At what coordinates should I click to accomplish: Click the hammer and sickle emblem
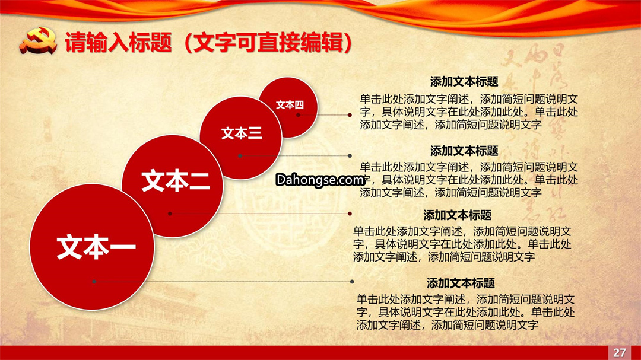tap(38, 40)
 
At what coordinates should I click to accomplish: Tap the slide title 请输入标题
tap(119, 42)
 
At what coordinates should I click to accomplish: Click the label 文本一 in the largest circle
tap(96, 247)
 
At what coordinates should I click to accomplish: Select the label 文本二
tap(176, 181)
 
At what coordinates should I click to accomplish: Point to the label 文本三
tap(241, 133)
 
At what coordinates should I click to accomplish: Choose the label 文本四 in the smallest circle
tap(290, 105)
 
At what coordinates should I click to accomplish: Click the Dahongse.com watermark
tap(320, 180)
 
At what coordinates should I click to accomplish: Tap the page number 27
tap(620, 353)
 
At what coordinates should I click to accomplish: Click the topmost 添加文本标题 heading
tap(464, 82)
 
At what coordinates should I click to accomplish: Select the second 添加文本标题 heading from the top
tap(464, 151)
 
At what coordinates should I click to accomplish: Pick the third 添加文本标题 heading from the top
tap(458, 215)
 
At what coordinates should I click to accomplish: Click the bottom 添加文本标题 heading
tap(461, 283)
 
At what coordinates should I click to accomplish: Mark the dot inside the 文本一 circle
tap(94, 282)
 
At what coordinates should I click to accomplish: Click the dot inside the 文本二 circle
tap(170, 214)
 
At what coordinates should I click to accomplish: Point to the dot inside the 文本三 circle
tap(240, 156)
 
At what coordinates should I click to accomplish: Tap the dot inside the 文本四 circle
tap(298, 115)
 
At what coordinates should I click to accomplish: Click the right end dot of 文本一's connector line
tap(352, 282)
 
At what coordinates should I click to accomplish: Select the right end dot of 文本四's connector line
tap(350, 115)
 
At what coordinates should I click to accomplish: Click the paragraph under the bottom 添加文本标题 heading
tap(466, 312)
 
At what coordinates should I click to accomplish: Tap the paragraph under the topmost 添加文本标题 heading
tap(469, 112)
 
